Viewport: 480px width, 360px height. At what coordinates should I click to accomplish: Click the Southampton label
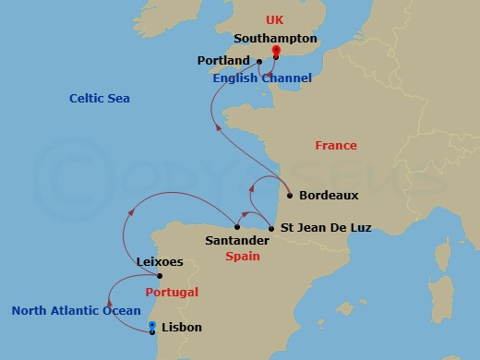coord(276,39)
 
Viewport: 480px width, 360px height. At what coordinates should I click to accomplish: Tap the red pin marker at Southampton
coord(276,54)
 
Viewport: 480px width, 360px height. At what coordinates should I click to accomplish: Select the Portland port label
coord(223,61)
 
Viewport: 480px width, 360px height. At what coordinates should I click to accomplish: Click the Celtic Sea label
coord(100,99)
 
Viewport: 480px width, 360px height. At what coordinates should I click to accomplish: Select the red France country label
coord(336,146)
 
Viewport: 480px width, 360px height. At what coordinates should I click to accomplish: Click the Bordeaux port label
coord(328,196)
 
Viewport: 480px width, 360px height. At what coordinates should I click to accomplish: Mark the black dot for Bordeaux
coord(290,196)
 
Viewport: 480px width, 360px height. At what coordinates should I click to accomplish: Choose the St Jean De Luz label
coord(326,227)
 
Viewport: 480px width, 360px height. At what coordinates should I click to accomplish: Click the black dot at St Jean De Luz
coord(270,227)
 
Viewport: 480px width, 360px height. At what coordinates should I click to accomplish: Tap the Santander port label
coord(237,240)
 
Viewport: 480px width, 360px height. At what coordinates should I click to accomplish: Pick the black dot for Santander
coord(237,227)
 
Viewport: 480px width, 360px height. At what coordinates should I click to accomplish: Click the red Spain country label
coord(243,258)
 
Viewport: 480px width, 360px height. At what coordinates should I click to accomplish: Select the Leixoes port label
coord(159,262)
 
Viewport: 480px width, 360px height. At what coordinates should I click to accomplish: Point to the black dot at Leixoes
coord(160,276)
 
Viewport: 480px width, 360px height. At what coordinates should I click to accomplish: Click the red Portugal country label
coord(171,292)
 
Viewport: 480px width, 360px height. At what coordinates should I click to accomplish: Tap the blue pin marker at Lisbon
coord(152,327)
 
